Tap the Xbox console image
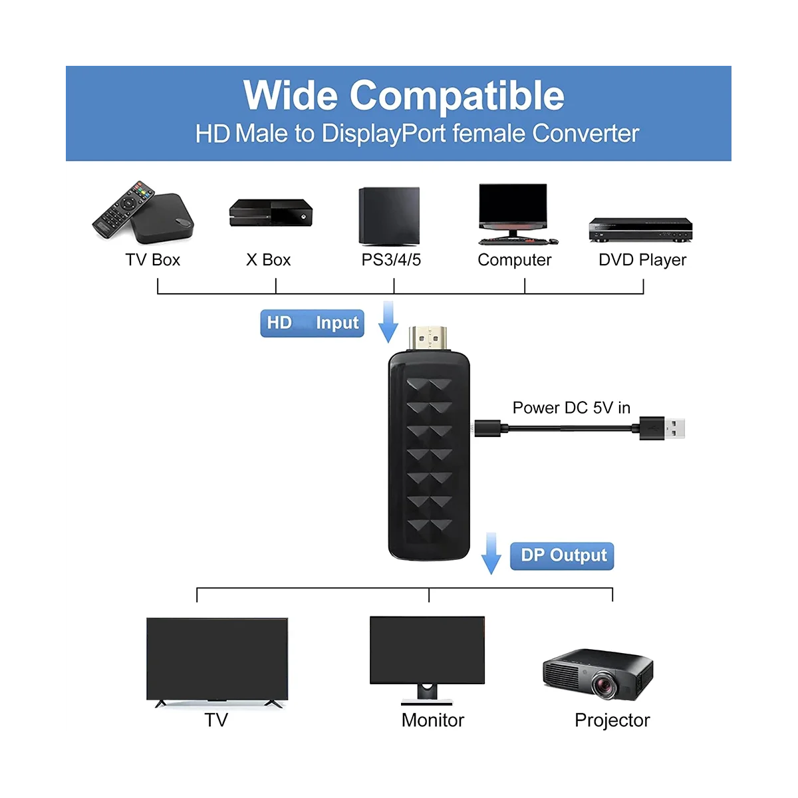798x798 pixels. [x=271, y=213]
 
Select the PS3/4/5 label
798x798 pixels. [x=391, y=260]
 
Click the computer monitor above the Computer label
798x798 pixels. [x=513, y=207]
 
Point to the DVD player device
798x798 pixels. [x=640, y=230]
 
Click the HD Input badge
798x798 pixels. [x=312, y=323]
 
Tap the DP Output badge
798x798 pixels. [x=562, y=556]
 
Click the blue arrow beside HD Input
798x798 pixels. [x=388, y=322]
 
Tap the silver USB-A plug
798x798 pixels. [x=673, y=428]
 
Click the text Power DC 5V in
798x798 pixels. [x=571, y=408]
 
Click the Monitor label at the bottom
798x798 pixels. [x=433, y=720]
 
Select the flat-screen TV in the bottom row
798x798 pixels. [x=217, y=658]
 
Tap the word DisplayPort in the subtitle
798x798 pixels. [x=384, y=134]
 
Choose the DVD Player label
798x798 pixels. [x=642, y=260]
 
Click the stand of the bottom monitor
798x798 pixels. [x=426, y=696]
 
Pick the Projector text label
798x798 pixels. [x=612, y=720]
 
